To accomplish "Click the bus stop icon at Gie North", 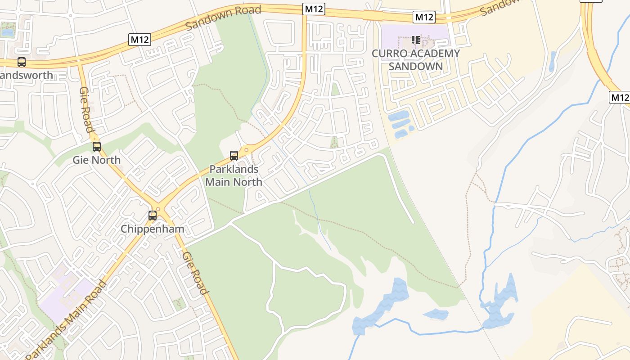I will (x=97, y=147).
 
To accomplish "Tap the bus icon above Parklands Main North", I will (x=234, y=156).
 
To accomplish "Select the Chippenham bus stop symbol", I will (x=153, y=216).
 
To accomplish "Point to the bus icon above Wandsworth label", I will (x=22, y=62).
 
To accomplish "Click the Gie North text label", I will (x=97, y=160).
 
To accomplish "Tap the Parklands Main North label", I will (x=234, y=175).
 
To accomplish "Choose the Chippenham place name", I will (x=153, y=229).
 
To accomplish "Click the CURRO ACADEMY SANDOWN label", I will (x=416, y=60).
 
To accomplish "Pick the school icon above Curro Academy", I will (x=416, y=40).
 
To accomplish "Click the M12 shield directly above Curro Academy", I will (x=424, y=17).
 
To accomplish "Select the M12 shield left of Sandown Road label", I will (x=139, y=40).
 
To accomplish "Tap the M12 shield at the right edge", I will (x=620, y=97).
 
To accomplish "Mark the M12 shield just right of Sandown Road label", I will (x=314, y=9).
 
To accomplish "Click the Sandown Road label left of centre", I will (x=223, y=17).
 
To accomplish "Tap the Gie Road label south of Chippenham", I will (x=195, y=273).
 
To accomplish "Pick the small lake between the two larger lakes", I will (x=436, y=314).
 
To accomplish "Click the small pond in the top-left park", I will (x=7, y=32).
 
